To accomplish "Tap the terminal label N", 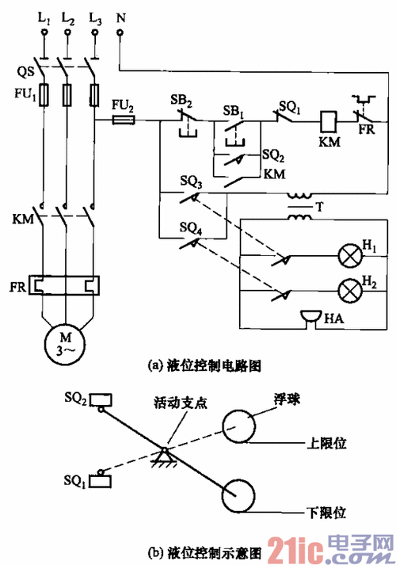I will click(x=120, y=16).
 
